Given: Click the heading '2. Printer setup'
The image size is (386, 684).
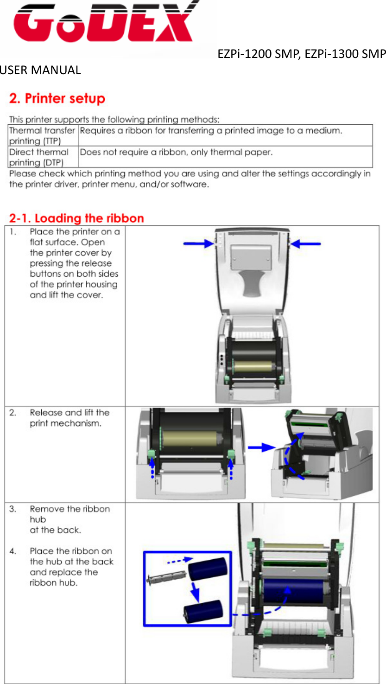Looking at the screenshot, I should tap(57, 99).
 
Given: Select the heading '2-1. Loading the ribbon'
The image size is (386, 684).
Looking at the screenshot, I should tap(76, 218).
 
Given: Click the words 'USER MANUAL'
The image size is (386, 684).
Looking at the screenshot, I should tap(40, 70).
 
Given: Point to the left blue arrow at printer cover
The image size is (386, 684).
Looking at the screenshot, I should tap(198, 243).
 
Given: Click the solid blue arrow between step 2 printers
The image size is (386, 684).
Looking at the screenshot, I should tap(261, 447).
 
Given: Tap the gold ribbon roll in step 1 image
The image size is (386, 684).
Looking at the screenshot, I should tap(253, 368).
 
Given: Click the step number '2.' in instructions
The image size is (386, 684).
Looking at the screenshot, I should tap(13, 413).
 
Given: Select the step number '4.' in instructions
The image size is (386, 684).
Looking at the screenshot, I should tap(13, 551).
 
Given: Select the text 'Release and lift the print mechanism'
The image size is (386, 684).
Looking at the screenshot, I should tap(70, 418).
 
